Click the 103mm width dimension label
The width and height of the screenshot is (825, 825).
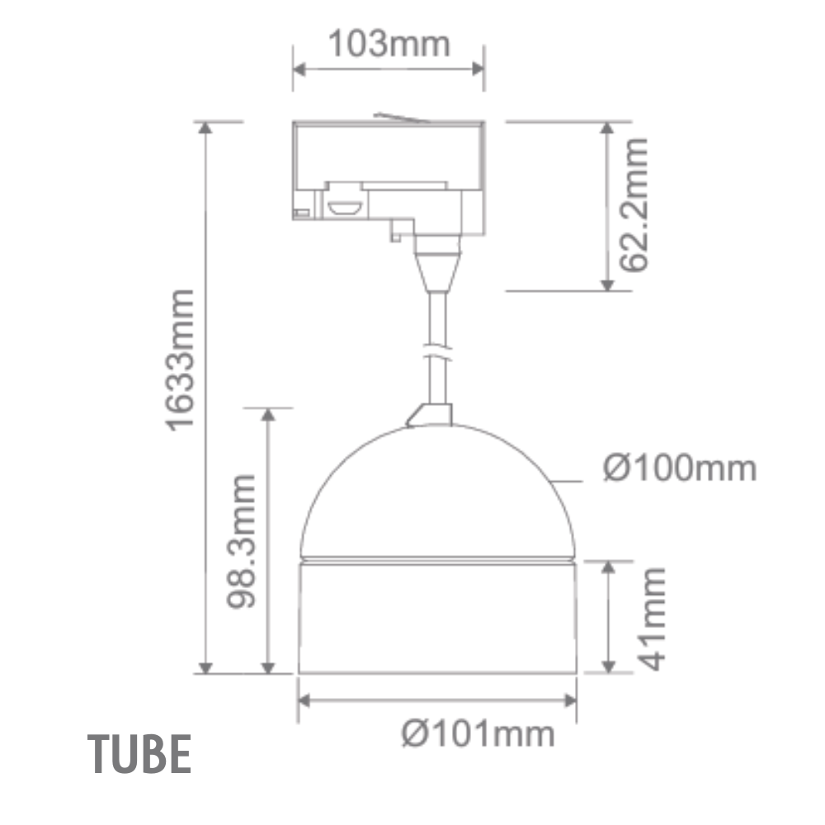click(389, 44)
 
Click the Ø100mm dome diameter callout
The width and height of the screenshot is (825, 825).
click(679, 469)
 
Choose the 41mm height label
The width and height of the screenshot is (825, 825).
click(652, 618)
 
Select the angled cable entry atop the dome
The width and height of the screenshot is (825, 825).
click(429, 415)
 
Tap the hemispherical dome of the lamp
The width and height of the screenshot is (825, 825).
click(437, 495)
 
